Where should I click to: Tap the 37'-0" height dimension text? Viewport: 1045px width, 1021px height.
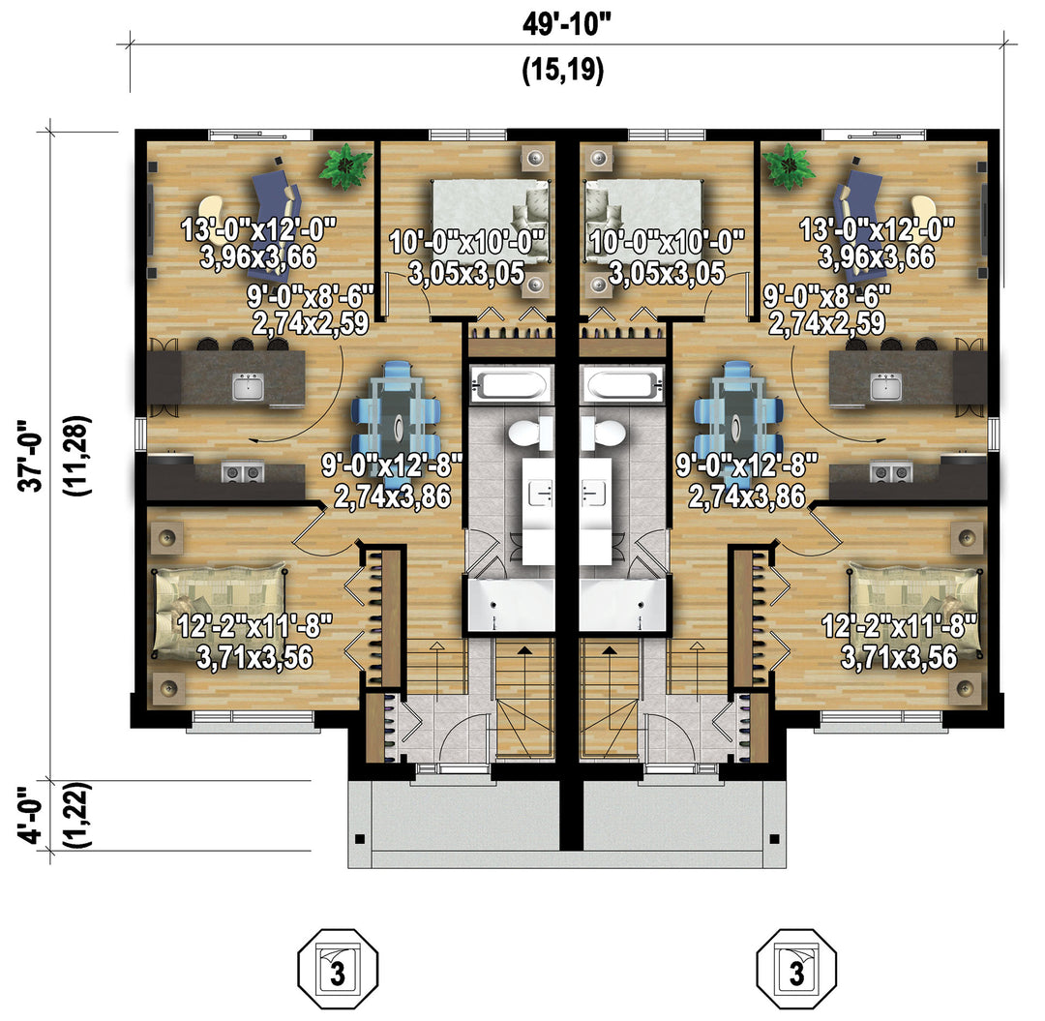tap(32, 455)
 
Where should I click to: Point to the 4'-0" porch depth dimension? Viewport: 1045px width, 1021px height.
tap(32, 815)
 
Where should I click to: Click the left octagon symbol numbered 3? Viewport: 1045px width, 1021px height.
tap(338, 969)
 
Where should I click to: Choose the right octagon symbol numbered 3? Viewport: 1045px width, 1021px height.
tap(796, 969)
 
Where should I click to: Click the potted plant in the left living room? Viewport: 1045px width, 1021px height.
tap(345, 165)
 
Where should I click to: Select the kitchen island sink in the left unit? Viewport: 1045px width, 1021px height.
tap(248, 386)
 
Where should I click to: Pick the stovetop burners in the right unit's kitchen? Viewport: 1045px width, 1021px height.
tap(890, 472)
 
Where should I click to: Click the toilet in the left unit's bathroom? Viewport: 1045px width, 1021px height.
tap(531, 434)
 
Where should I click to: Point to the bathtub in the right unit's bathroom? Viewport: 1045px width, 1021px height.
tap(622, 384)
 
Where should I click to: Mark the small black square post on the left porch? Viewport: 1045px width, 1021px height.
tap(360, 839)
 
